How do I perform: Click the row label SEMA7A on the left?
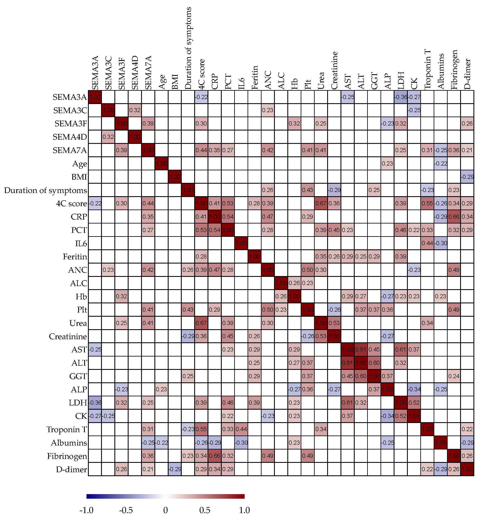point(69,150)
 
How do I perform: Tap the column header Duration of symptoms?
point(188,48)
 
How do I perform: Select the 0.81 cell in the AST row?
point(361,349)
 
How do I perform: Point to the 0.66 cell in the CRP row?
point(454,217)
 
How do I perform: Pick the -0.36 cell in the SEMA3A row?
point(400,97)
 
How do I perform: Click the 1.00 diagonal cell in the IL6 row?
point(241,243)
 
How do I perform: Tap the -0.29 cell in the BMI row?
point(467,177)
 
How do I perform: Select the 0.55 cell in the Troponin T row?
point(201,429)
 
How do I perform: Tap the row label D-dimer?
point(71,469)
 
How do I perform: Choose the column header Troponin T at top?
point(427,69)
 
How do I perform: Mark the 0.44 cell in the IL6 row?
point(427,243)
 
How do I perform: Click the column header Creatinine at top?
point(334,70)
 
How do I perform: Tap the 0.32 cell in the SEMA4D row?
point(108,137)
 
